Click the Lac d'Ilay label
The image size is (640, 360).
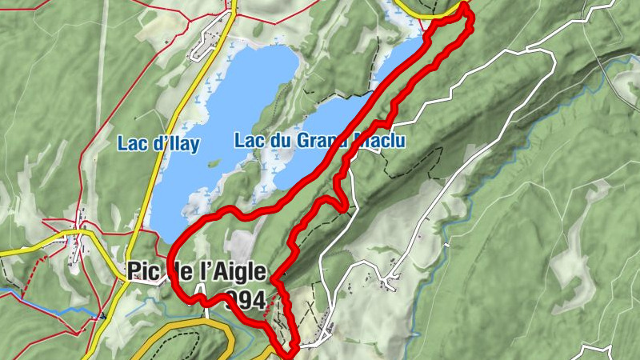158,144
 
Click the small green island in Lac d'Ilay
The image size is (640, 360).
214,162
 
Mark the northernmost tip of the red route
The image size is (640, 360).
464,6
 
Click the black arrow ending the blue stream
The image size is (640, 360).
103,317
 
